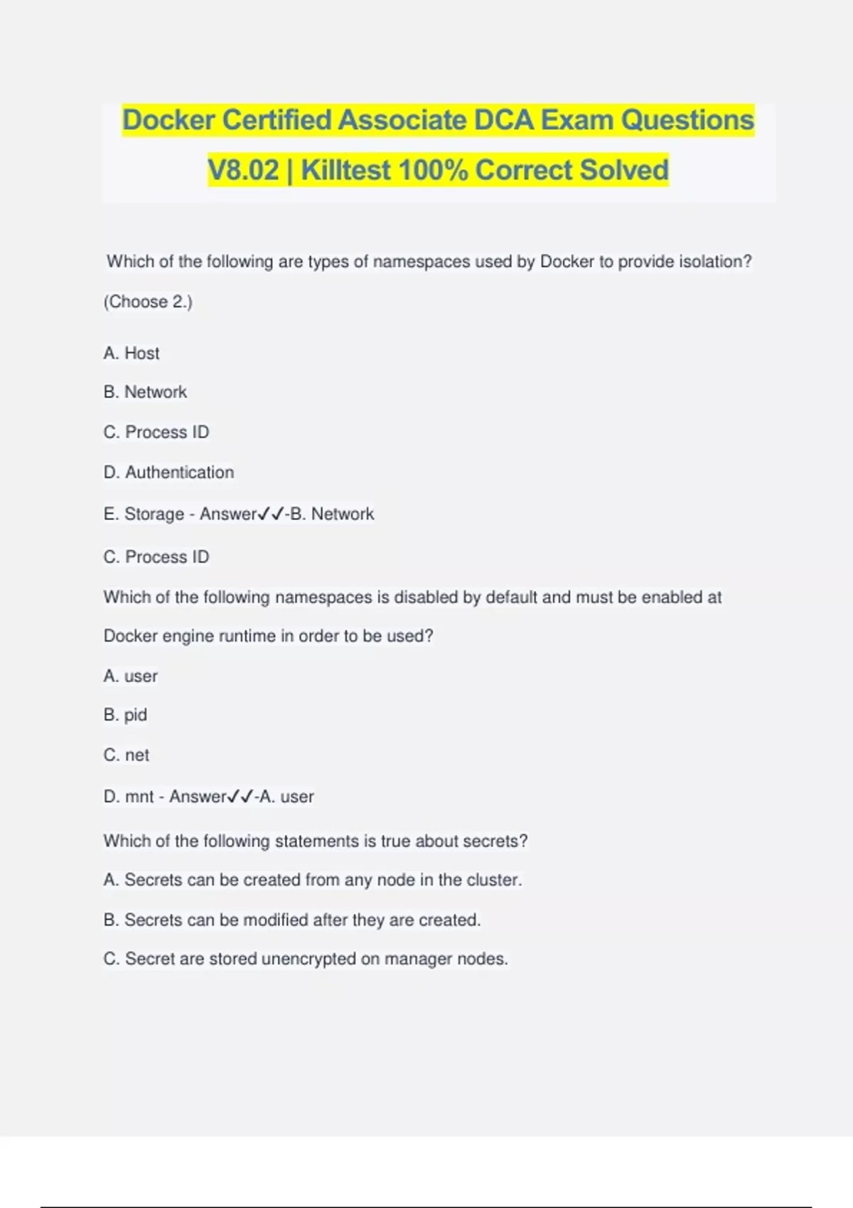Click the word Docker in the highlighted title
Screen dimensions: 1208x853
tap(168, 120)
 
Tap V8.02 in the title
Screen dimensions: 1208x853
tap(243, 171)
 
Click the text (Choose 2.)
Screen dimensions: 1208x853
tap(148, 302)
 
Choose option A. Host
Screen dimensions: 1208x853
tap(132, 353)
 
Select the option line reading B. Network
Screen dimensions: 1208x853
tap(145, 392)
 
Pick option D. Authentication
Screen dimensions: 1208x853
tap(168, 473)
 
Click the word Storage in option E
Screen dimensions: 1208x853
tap(154, 514)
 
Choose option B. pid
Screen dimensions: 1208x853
tap(125, 715)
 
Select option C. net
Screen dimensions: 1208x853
tap(127, 755)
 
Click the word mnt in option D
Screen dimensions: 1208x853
tap(139, 797)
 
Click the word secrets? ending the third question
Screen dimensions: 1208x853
tap(495, 841)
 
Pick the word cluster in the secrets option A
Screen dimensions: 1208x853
tap(493, 880)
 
